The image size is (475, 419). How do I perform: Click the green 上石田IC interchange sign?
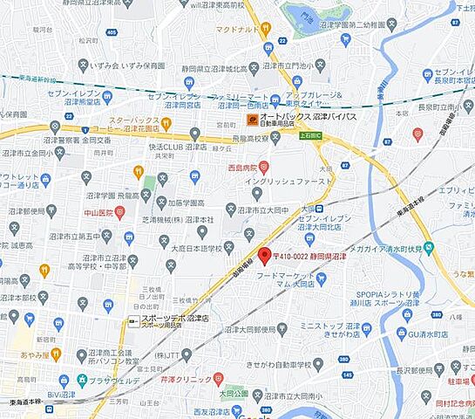click(309, 136)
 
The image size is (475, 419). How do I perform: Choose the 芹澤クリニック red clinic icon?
click(218, 379)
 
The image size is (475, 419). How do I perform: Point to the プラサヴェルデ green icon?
click(82, 381)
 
